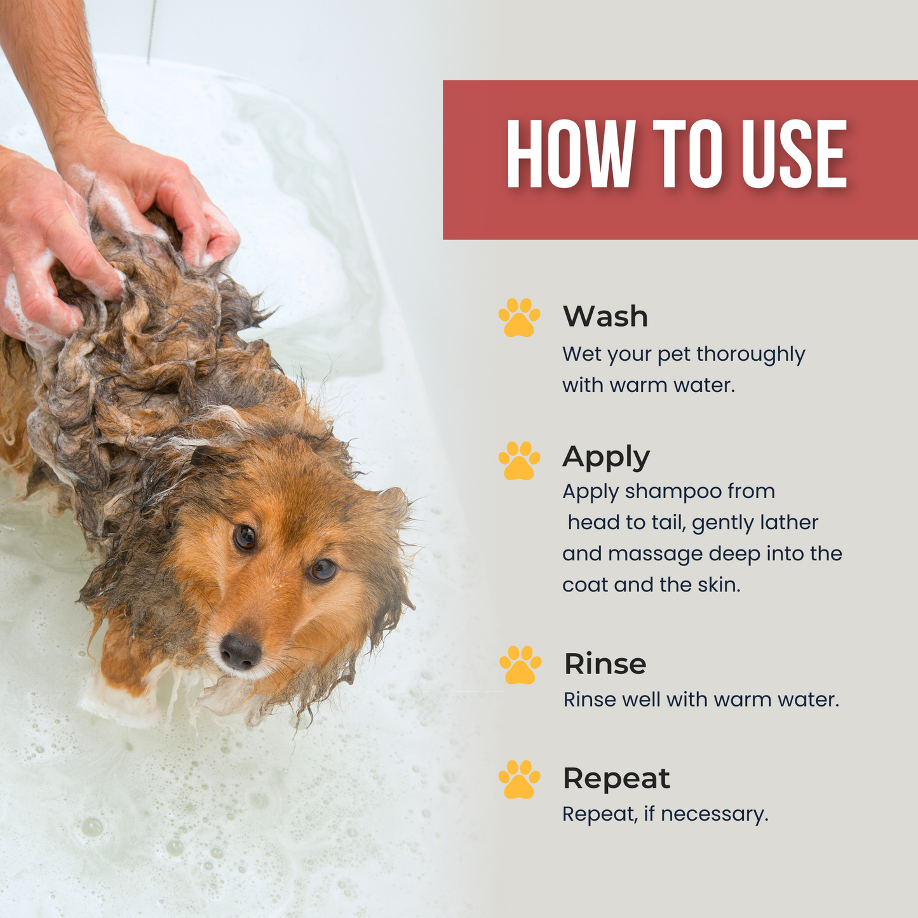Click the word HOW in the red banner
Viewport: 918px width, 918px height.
pyautogui.click(x=570, y=154)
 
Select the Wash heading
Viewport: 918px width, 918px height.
pyautogui.click(x=605, y=316)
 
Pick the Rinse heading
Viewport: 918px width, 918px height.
pyautogui.click(x=605, y=665)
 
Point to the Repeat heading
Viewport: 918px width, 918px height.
pyautogui.click(x=616, y=779)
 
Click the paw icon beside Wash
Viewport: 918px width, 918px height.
pyautogui.click(x=519, y=317)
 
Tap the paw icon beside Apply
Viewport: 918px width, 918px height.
pyautogui.click(x=519, y=461)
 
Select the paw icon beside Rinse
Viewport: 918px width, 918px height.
pyautogui.click(x=520, y=665)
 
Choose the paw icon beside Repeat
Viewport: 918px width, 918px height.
pyautogui.click(x=519, y=779)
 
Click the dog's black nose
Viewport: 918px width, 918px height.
pyautogui.click(x=240, y=651)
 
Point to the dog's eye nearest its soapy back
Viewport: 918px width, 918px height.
pyautogui.click(x=245, y=537)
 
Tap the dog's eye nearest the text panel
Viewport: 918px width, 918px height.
pyautogui.click(x=322, y=569)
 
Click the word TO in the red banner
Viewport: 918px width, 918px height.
pyautogui.click(x=687, y=154)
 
